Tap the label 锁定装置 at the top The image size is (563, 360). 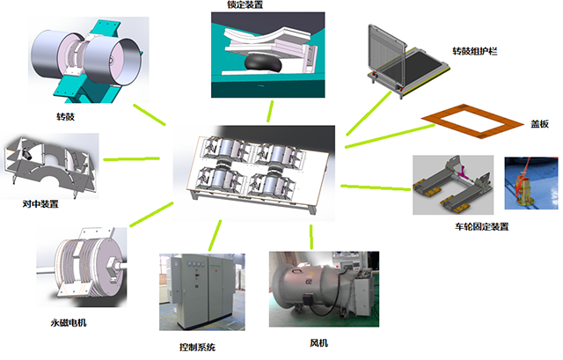245,5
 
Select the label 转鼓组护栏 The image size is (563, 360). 476,52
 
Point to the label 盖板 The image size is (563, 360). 539,125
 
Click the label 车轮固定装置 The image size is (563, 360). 475,227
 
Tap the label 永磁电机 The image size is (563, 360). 68,323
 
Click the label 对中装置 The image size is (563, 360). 40,204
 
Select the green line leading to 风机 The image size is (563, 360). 311,235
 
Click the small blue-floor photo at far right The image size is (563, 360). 530,184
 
